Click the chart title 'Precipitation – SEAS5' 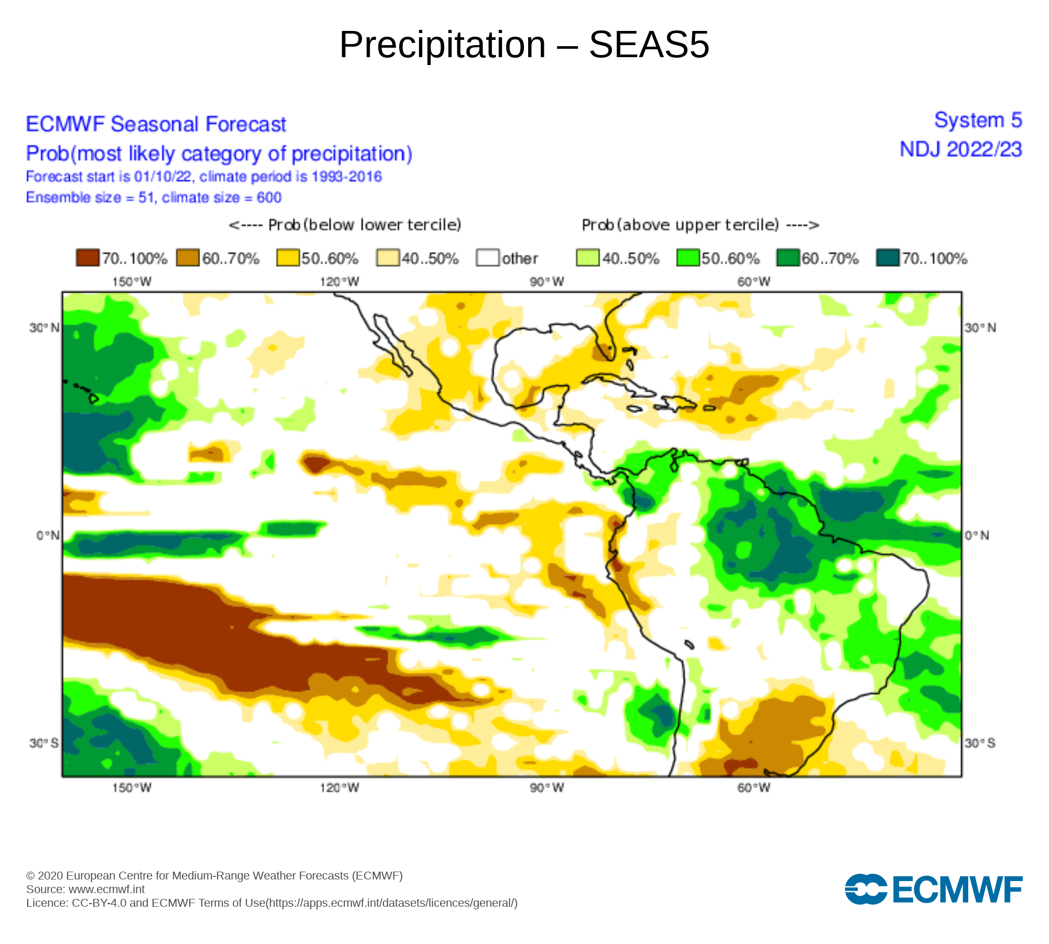pyautogui.click(x=524, y=45)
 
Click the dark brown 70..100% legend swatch pyautogui.click(x=87, y=258)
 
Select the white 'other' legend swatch pyautogui.click(x=487, y=258)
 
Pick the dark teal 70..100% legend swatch pyautogui.click(x=887, y=258)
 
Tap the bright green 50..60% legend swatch pyautogui.click(x=688, y=258)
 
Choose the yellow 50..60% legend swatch pyautogui.click(x=287, y=258)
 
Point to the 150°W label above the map pyautogui.click(x=132, y=282)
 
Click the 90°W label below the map pyautogui.click(x=547, y=788)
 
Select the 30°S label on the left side pyautogui.click(x=44, y=743)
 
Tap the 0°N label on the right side pyautogui.click(x=977, y=535)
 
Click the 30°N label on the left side pyautogui.click(x=44, y=328)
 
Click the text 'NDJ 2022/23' pyautogui.click(x=961, y=150)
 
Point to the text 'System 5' pyautogui.click(x=978, y=121)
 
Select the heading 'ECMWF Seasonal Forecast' pyautogui.click(x=156, y=125)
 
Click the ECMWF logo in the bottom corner pyautogui.click(x=934, y=889)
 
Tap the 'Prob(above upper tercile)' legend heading pyautogui.click(x=700, y=225)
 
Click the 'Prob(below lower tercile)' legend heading pyautogui.click(x=345, y=225)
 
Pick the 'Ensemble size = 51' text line pyautogui.click(x=154, y=198)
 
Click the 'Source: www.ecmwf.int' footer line pyautogui.click(x=85, y=889)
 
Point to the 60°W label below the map pyautogui.click(x=754, y=788)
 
